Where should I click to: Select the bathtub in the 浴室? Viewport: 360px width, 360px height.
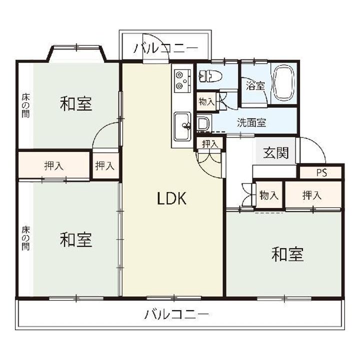(284, 83)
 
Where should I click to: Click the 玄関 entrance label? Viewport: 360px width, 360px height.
(275, 153)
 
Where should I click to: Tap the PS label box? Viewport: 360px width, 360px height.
(320, 172)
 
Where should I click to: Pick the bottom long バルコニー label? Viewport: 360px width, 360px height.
(176, 314)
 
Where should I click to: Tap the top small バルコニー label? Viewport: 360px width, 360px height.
(165, 48)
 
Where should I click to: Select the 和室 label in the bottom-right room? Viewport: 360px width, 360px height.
(287, 255)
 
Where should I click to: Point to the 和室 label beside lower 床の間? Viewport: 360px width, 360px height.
(76, 240)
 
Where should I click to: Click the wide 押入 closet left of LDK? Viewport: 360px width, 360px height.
(54, 166)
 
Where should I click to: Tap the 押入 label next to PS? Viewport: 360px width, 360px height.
(311, 195)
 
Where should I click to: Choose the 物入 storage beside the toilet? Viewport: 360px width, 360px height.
(206, 101)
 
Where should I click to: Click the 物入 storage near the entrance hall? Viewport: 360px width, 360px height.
(269, 195)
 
